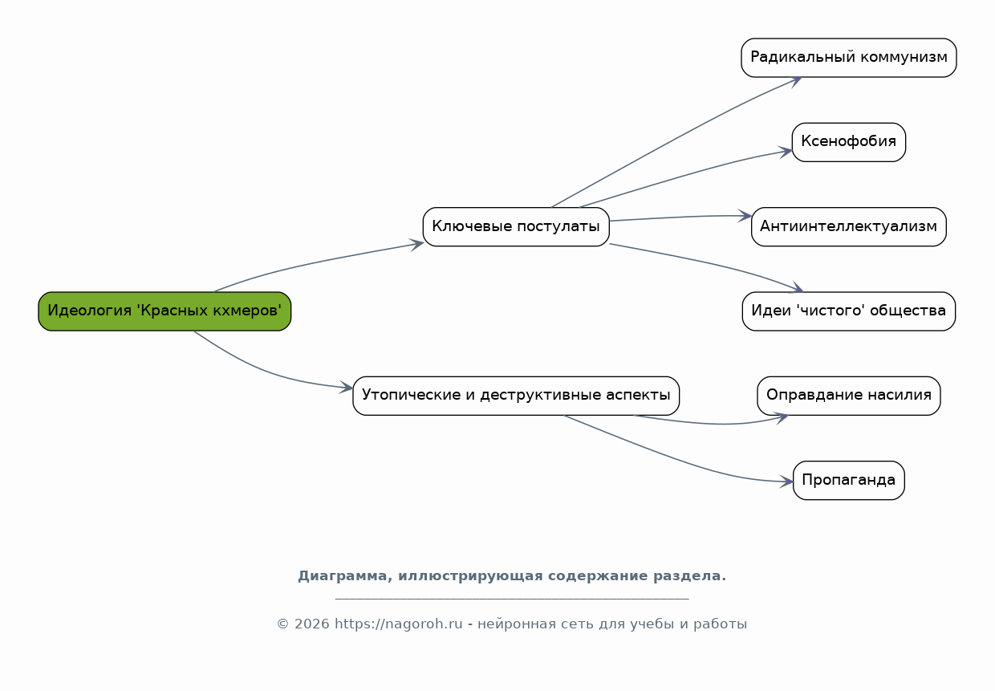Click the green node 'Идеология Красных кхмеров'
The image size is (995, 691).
tap(164, 311)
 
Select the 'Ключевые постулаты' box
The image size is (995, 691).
tap(516, 226)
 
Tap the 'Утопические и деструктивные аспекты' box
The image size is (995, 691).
tap(516, 396)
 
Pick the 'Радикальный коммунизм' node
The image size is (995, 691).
tap(849, 58)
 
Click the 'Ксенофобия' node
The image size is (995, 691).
tap(849, 142)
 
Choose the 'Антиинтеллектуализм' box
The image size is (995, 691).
tap(849, 226)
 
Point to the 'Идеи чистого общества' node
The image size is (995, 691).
tap(849, 311)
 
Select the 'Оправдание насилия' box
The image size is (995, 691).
tap(849, 396)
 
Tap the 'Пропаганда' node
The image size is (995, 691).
tap(849, 481)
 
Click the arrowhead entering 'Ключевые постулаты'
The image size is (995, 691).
tap(417, 244)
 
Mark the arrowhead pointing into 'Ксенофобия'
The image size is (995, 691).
tap(786, 152)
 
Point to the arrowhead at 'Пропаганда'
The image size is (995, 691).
tap(787, 482)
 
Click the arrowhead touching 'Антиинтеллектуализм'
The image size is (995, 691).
tap(745, 216)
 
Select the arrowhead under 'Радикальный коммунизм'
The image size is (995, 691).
tap(796, 81)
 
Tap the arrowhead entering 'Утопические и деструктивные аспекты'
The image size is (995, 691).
tap(347, 387)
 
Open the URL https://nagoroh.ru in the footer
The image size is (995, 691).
tap(399, 624)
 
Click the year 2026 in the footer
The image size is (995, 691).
tap(312, 624)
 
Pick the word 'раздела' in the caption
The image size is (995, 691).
tap(689, 576)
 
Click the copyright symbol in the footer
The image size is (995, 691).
tap(283, 624)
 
